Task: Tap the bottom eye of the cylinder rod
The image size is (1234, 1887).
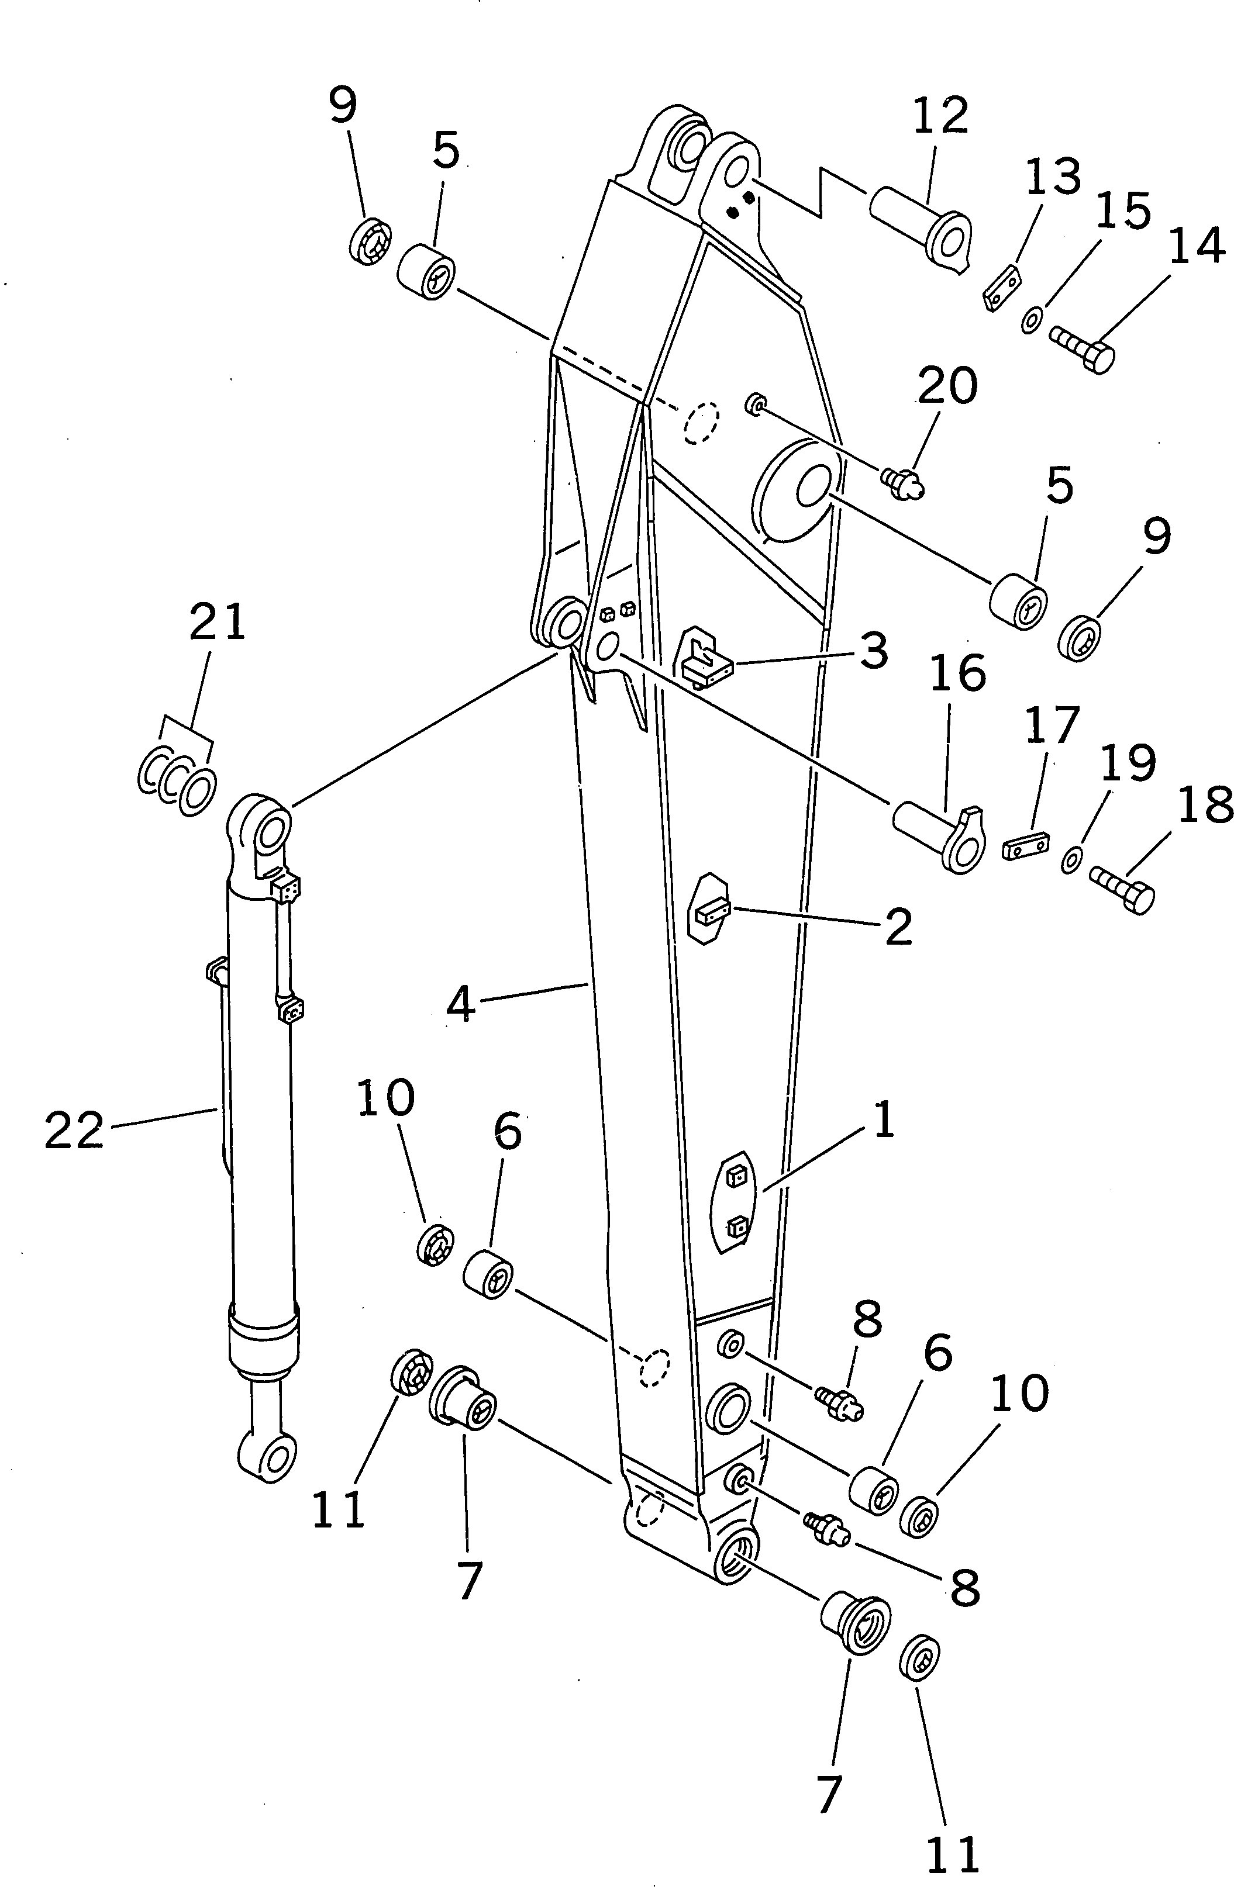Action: click(x=268, y=1457)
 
